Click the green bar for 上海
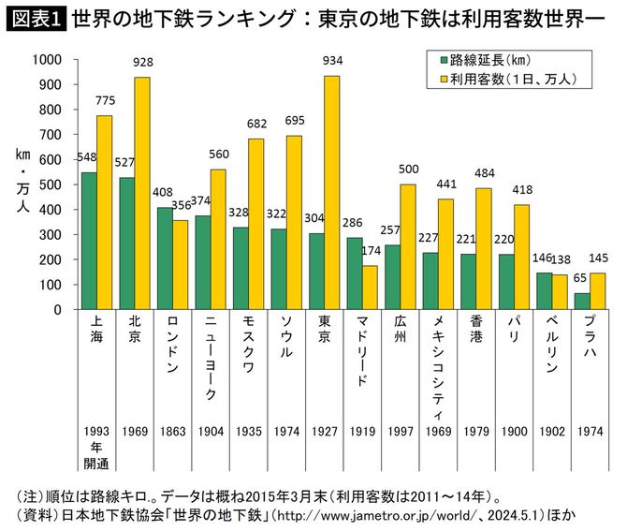pyautogui.click(x=89, y=241)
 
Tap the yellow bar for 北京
pyautogui.click(x=141, y=193)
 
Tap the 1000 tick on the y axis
pyautogui.click(x=46, y=59)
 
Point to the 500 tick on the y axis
pyautogui.click(x=49, y=184)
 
